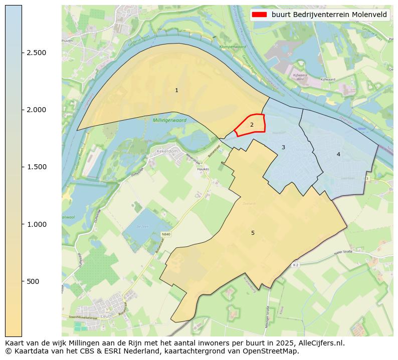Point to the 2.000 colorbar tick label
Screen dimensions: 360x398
(36, 110)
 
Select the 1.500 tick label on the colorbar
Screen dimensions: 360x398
(36, 167)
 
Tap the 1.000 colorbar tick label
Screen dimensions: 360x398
(36, 224)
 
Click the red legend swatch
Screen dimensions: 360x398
(260, 15)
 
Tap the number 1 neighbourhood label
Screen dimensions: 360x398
(176, 90)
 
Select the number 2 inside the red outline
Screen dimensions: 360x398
(252, 125)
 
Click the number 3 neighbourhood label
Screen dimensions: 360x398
(283, 147)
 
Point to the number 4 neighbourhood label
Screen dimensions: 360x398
(338, 154)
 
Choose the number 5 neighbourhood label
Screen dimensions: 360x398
(253, 233)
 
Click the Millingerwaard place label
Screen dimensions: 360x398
(169, 121)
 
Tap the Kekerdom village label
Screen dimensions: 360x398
(167, 151)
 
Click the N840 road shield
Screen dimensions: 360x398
(166, 234)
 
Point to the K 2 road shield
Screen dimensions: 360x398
(296, 264)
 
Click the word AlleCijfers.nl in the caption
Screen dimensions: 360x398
(319, 343)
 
